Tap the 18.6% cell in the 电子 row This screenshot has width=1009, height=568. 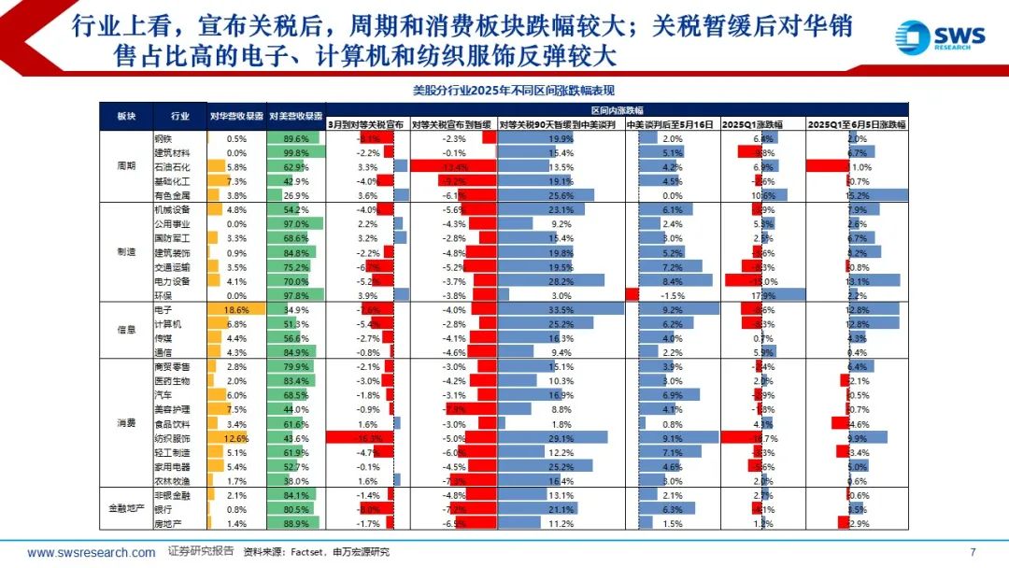pyautogui.click(x=235, y=308)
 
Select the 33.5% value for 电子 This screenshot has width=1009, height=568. pyautogui.click(x=561, y=308)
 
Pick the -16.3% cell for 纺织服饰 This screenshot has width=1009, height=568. pyautogui.click(x=368, y=437)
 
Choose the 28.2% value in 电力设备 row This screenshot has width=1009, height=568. pyautogui.click(x=561, y=280)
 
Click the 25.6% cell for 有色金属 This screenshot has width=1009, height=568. pyautogui.click(x=561, y=195)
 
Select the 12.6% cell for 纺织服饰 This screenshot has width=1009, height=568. pyautogui.click(x=235, y=437)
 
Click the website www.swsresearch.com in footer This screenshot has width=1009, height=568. pyautogui.click(x=92, y=552)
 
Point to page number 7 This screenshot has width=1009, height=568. pyautogui.click(x=973, y=551)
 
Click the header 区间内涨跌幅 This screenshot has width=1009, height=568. pyautogui.click(x=617, y=109)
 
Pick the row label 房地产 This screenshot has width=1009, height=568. pyautogui.click(x=167, y=523)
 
